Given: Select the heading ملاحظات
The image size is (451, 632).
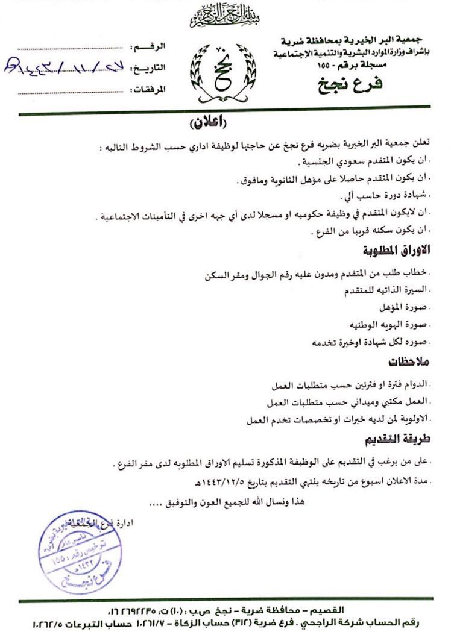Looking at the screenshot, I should click(x=408, y=361).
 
